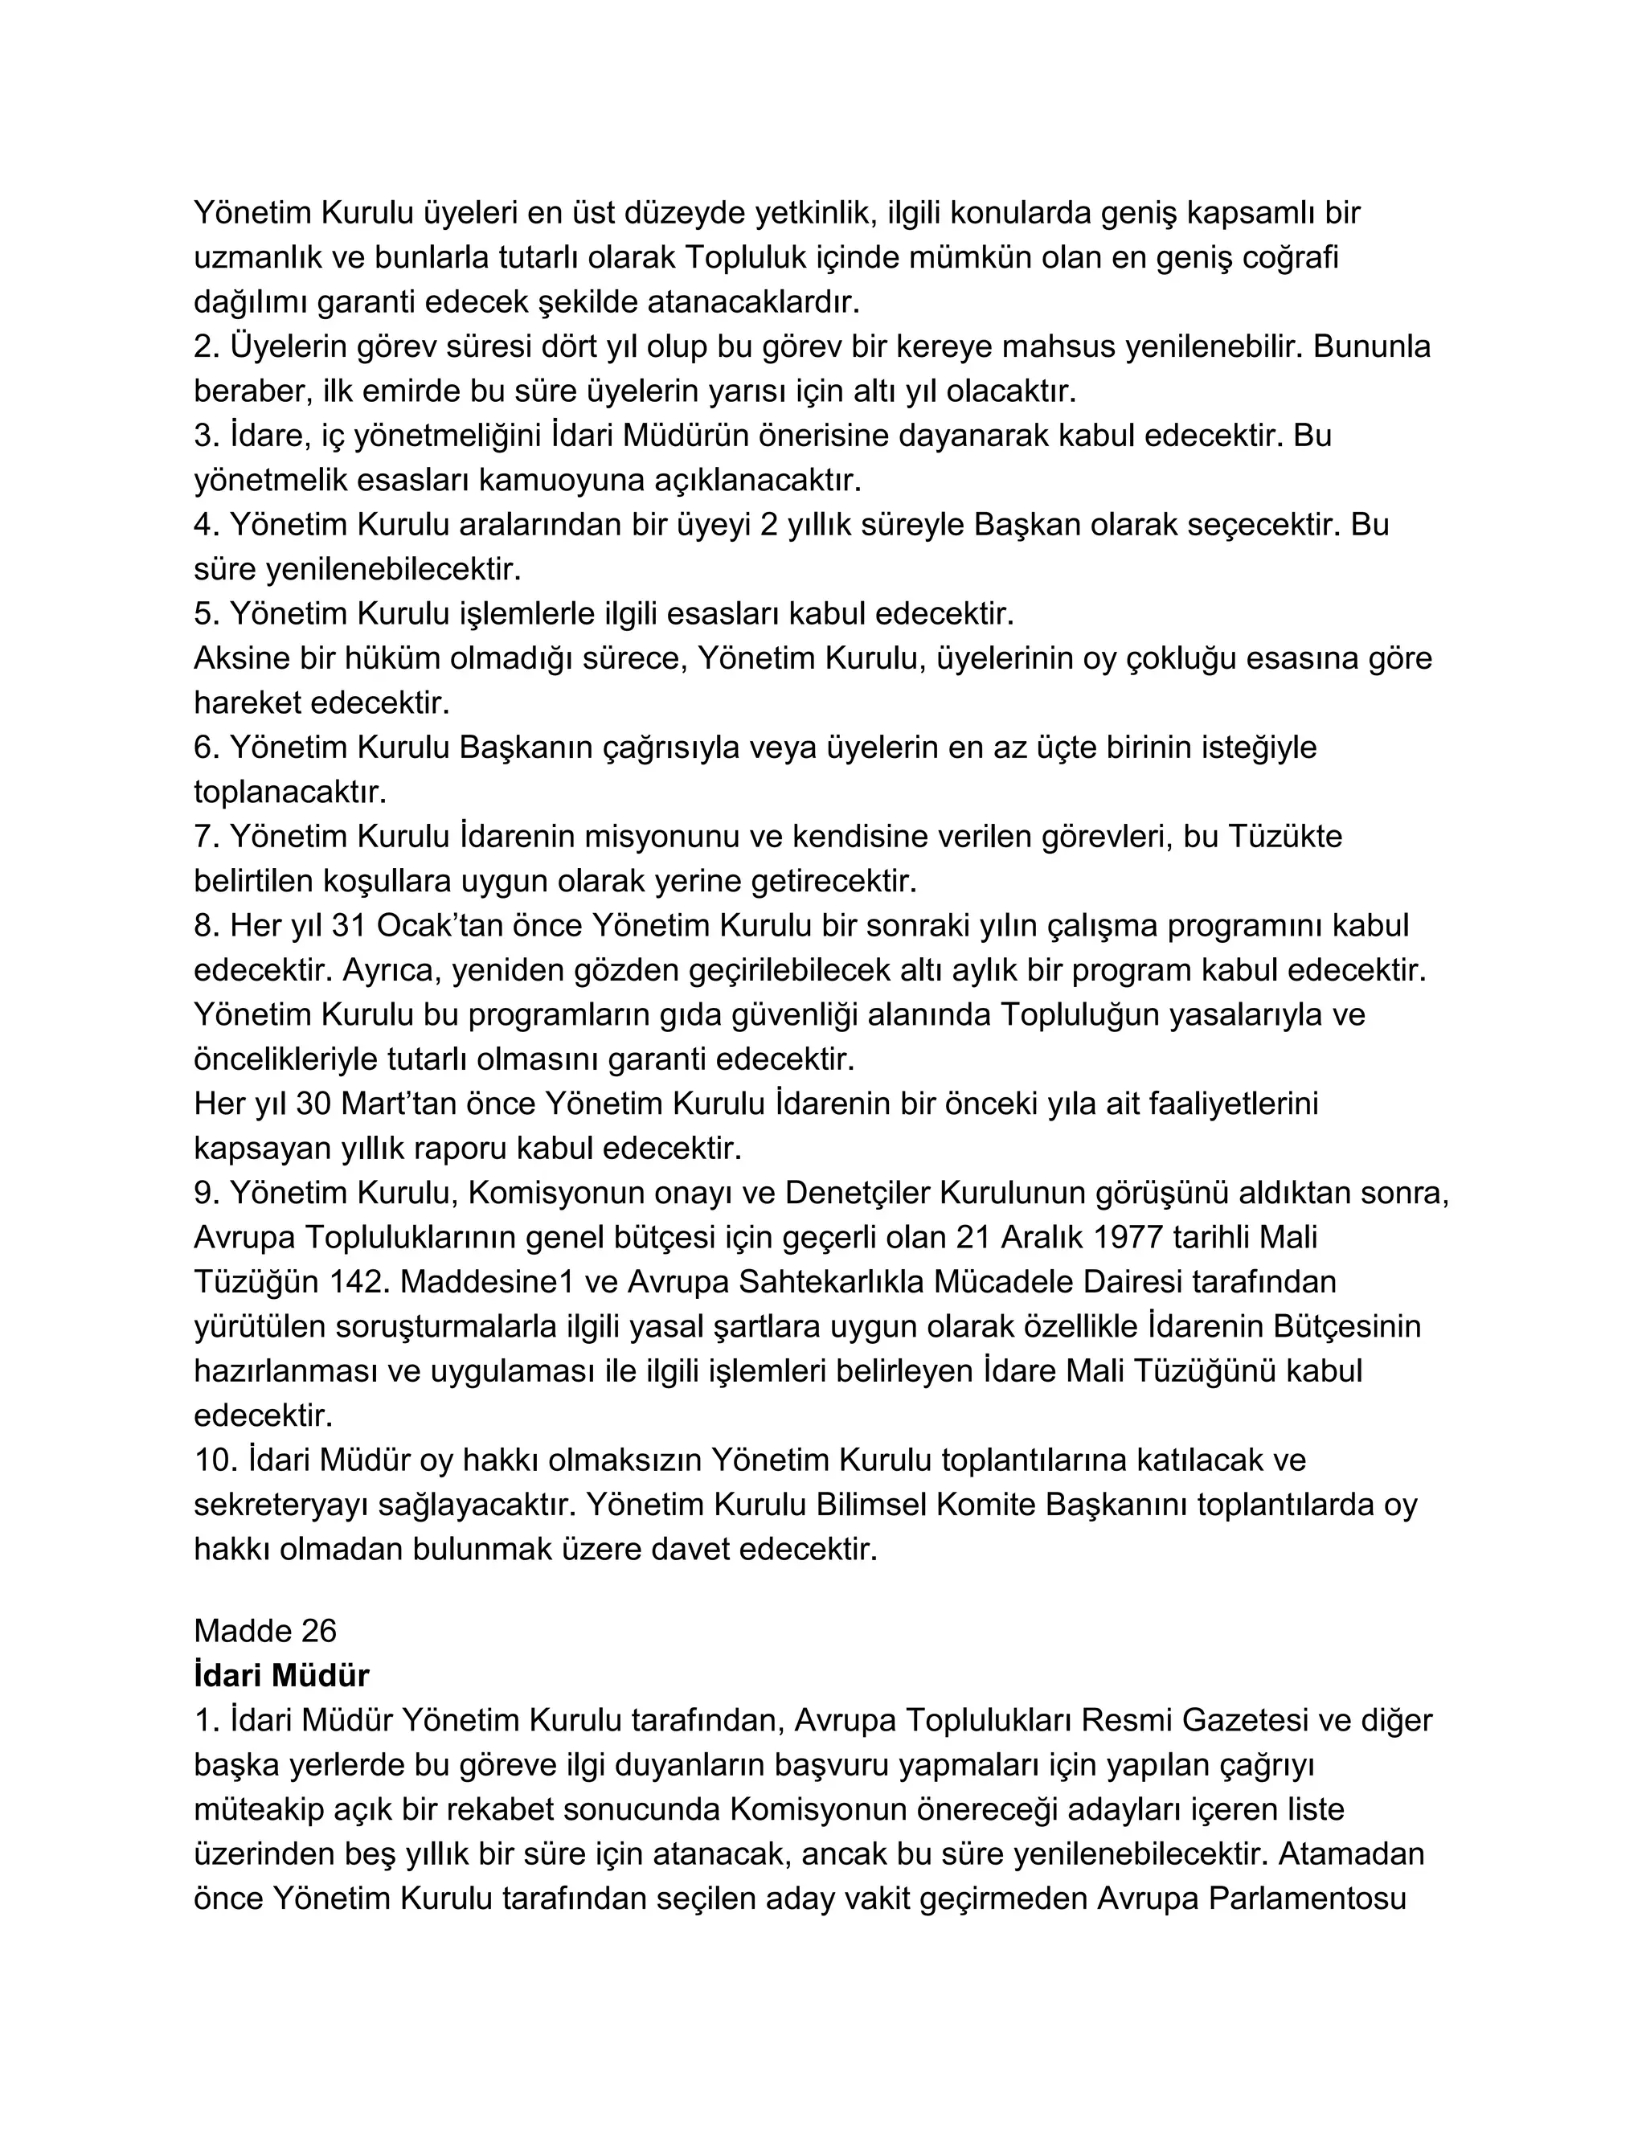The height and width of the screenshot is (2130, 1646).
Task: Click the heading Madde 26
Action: click(x=264, y=1631)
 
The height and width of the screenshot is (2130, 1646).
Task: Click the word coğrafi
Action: click(x=1290, y=257)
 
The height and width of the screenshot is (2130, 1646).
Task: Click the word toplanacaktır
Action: click(x=289, y=792)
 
